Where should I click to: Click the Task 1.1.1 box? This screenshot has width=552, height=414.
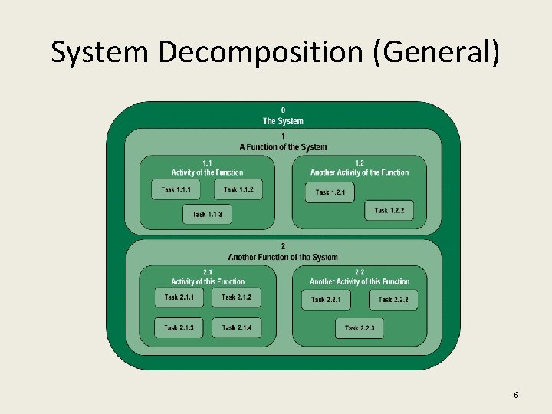[176, 189]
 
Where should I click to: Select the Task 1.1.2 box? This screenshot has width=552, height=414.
[238, 189]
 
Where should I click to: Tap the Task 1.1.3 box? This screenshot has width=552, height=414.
[207, 214]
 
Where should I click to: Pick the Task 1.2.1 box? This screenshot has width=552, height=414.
[330, 192]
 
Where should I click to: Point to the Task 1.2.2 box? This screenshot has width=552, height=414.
[389, 210]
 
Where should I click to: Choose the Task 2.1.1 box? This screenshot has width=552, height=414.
[179, 297]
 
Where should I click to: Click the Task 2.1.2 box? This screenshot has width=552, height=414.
[236, 297]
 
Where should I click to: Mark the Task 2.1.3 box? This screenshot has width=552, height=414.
[179, 328]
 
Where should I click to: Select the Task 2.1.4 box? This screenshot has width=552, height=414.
[236, 328]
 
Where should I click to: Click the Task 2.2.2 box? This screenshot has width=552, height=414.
[393, 300]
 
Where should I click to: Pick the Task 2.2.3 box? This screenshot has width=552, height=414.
[360, 328]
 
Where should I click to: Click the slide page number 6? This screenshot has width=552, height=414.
[516, 395]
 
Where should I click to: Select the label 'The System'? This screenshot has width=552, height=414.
[283, 121]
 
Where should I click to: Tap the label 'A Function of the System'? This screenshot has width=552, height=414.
[283, 147]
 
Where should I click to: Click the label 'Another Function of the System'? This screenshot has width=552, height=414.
[283, 257]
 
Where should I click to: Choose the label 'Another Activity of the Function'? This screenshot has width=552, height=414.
[360, 172]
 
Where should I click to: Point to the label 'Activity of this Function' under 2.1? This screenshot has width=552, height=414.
[208, 281]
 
